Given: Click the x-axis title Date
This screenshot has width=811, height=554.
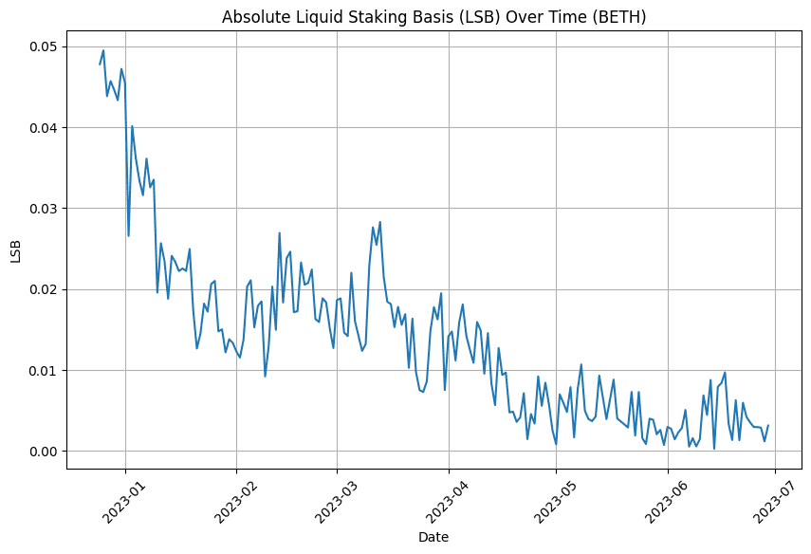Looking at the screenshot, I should click(433, 537).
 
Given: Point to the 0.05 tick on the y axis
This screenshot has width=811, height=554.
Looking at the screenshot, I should click(41, 46).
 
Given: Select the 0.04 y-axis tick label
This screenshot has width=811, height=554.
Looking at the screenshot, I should click(41, 128).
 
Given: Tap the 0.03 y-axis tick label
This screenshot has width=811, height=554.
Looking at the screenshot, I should click(41, 209).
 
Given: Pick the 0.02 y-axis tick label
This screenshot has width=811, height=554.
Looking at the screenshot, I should click(41, 289).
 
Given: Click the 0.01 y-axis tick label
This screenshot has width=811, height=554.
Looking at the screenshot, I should click(41, 370).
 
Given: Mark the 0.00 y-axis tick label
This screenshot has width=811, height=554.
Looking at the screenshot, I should click(41, 452).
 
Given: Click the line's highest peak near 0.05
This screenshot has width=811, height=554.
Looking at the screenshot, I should click(103, 50).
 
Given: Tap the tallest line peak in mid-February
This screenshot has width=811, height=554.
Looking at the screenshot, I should click(279, 232).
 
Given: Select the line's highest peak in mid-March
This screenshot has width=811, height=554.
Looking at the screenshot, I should click(380, 222).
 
